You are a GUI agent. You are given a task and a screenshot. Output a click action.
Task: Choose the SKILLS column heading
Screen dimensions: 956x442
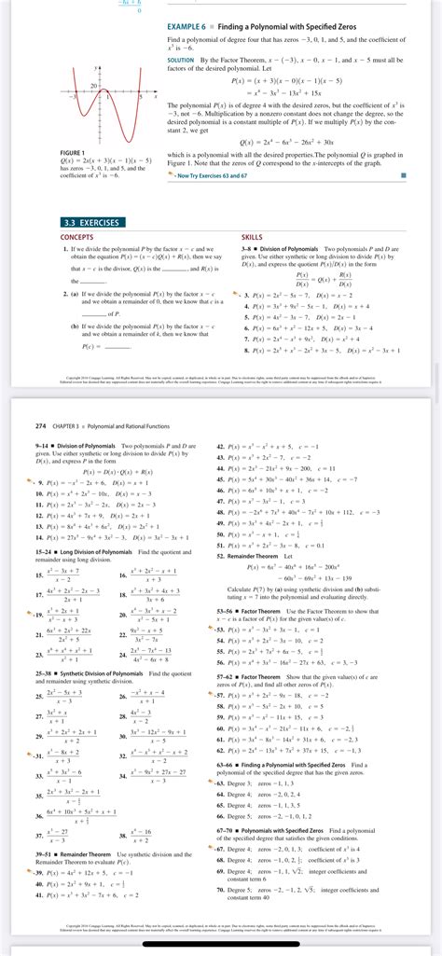pos(252,237)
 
